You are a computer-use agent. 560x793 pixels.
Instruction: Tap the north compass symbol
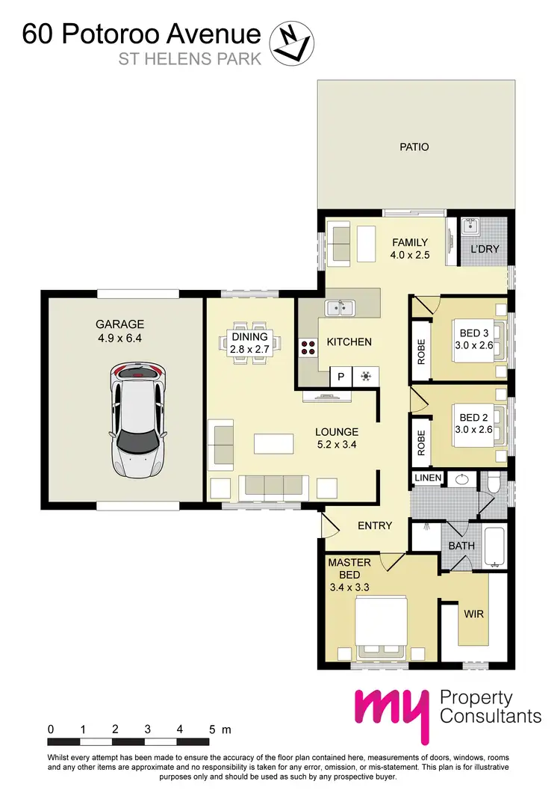(290, 42)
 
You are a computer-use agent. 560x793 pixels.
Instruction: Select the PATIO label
(414, 147)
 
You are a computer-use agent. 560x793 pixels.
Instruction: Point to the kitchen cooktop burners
(308, 348)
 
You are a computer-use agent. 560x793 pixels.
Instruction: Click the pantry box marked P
(340, 377)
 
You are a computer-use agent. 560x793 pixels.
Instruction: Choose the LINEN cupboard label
(428, 478)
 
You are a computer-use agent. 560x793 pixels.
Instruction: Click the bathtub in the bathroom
(495, 547)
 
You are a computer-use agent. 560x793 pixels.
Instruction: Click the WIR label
(474, 614)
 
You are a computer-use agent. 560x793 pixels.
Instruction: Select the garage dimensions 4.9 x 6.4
(119, 337)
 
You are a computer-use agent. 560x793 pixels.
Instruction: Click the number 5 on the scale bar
(213, 729)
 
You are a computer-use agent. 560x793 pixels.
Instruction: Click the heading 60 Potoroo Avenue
(141, 34)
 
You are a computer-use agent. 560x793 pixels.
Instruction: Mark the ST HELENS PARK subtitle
(190, 59)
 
